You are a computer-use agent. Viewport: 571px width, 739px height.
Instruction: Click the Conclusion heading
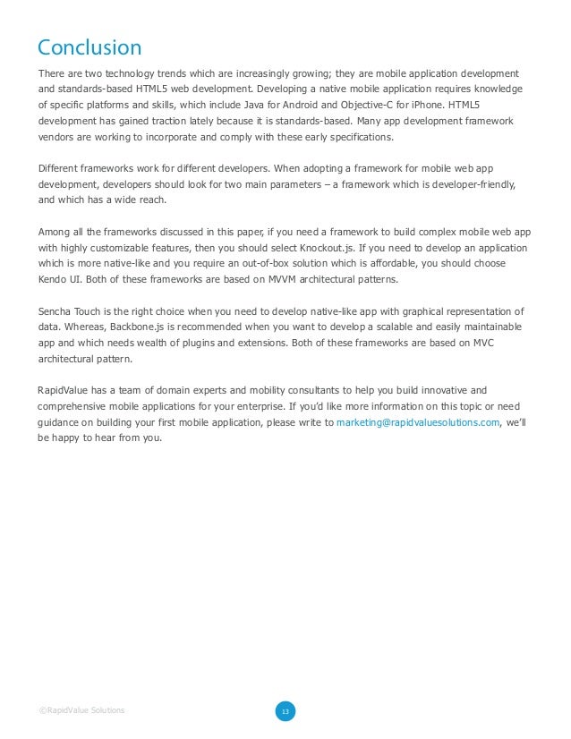(x=89, y=47)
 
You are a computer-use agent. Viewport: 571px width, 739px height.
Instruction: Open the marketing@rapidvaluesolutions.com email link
(x=418, y=423)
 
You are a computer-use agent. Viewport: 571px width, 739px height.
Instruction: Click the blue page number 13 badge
(x=285, y=711)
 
